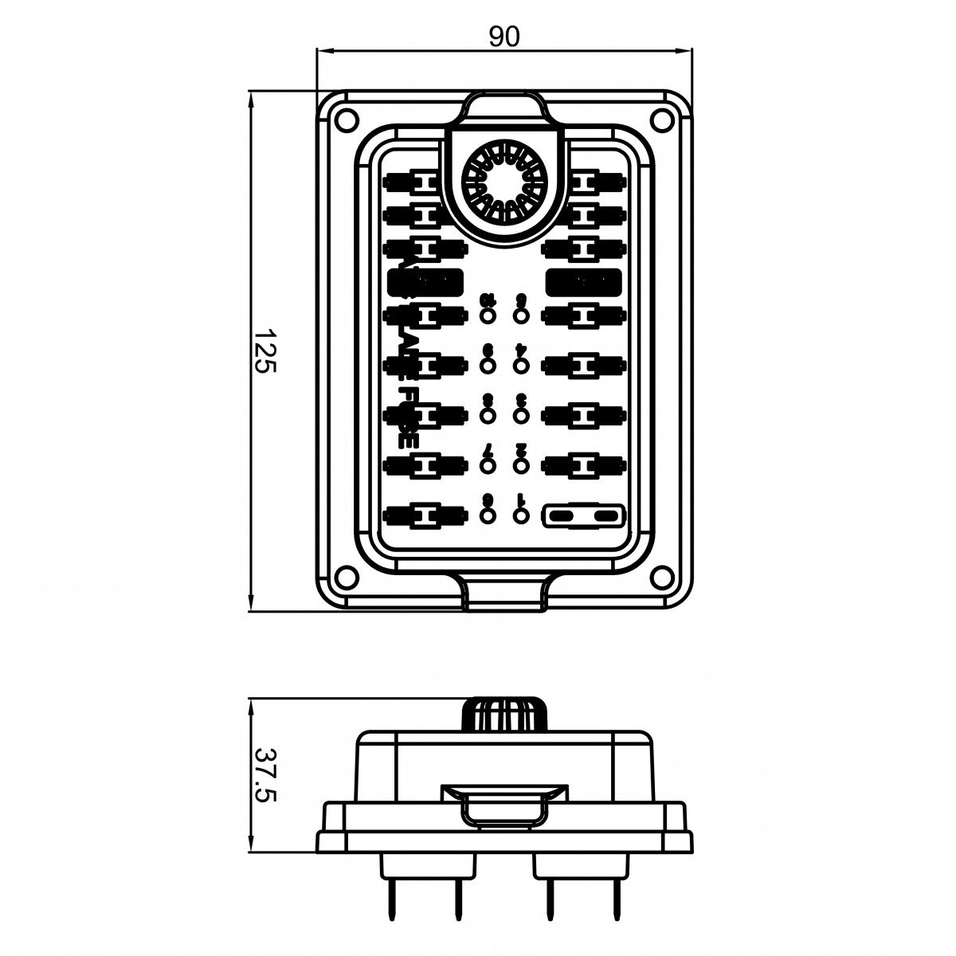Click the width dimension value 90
pos(504,37)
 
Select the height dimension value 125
pos(266,351)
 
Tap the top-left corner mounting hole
pos(344,119)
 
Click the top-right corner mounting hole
pos(661,119)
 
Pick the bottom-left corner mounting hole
pos(344,576)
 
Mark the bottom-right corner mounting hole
pos(661,576)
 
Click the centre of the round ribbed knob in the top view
pos(503,183)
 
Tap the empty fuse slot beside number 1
pos(584,516)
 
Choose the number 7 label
pos(488,451)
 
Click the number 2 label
pos(522,451)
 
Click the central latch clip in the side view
pos(505,806)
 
